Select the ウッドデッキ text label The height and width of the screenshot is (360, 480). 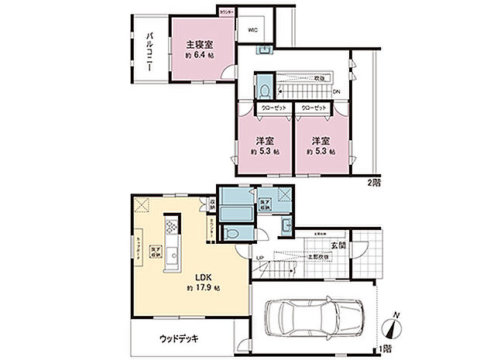[179, 338]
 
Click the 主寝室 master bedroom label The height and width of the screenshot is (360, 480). [200, 45]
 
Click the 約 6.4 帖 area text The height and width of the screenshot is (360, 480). [200, 57]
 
